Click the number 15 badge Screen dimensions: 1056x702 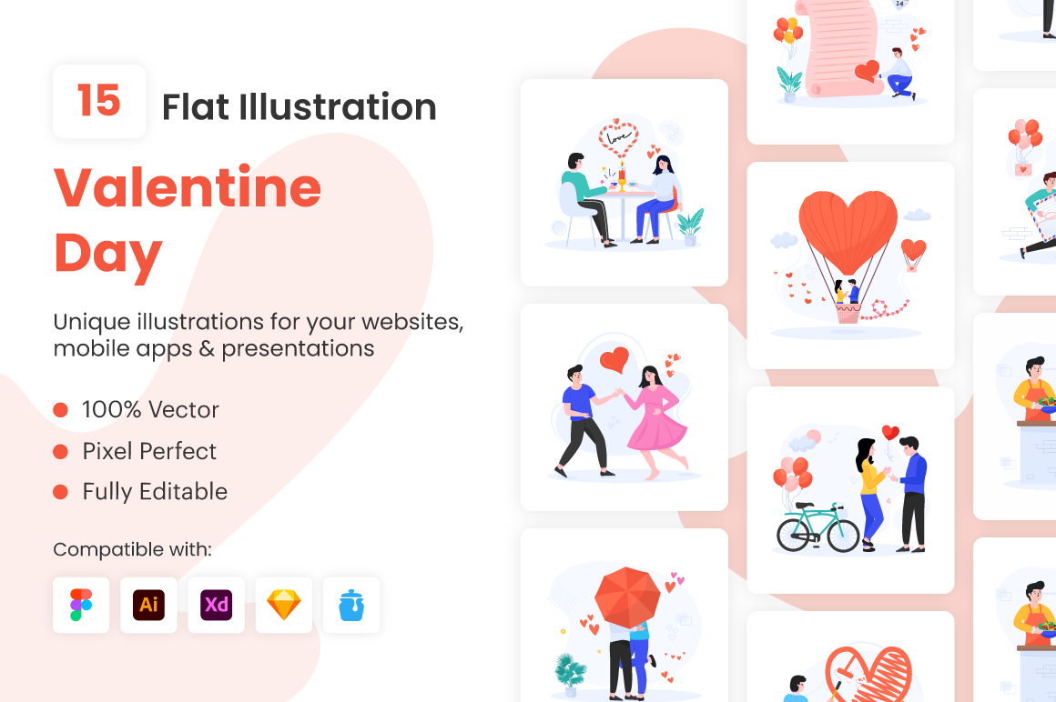tap(99, 102)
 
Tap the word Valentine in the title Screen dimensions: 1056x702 tap(188, 187)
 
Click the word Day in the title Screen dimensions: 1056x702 tap(107, 256)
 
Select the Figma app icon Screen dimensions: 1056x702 tap(81, 606)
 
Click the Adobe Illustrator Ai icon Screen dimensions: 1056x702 tap(148, 606)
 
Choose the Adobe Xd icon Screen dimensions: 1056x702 tap(216, 606)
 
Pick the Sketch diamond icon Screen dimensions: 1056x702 tap(283, 606)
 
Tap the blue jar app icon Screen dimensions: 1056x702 tap(351, 606)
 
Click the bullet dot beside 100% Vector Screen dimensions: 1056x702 tap(61, 410)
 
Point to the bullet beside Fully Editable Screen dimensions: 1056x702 tap(61, 492)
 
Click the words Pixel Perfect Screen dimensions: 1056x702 tap(149, 451)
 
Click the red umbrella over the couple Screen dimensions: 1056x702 tap(627, 597)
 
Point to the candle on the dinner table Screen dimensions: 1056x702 tap(623, 175)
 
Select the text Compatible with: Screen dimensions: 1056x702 tap(133, 549)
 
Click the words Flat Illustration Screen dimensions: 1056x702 tap(299, 107)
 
